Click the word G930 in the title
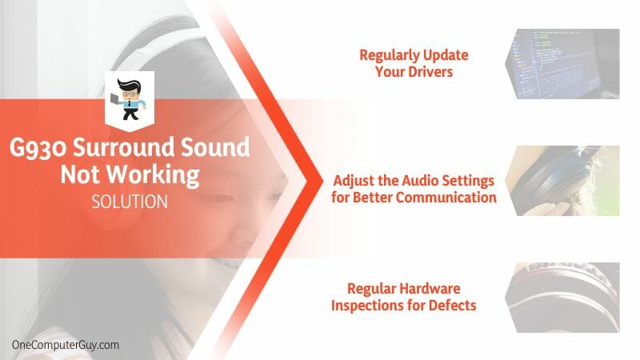pos(38,147)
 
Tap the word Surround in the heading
pos(124,147)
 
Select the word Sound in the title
pos(215,147)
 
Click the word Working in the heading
pos(153,175)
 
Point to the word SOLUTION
pos(130,202)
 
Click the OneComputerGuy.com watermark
pos(66,345)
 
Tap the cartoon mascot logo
pos(130,98)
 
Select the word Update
pos(446,55)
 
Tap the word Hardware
pos(432,289)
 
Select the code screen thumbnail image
pos(562,64)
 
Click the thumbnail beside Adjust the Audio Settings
pos(562,181)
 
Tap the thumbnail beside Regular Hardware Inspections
pos(562,298)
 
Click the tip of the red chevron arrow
pos(322,180)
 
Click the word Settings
pos(470,182)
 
